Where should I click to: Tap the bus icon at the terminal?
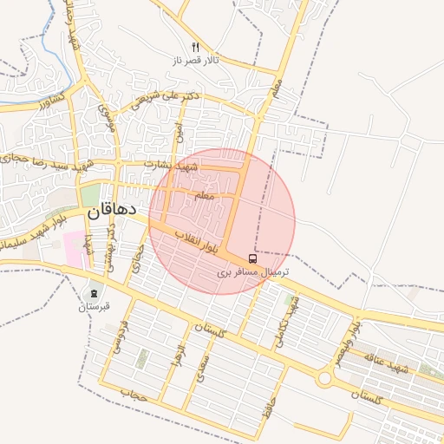252,258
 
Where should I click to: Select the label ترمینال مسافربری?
252,272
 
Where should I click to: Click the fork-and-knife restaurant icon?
195,47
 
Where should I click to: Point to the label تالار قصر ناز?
195,61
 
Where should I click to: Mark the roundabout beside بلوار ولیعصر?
325,378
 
